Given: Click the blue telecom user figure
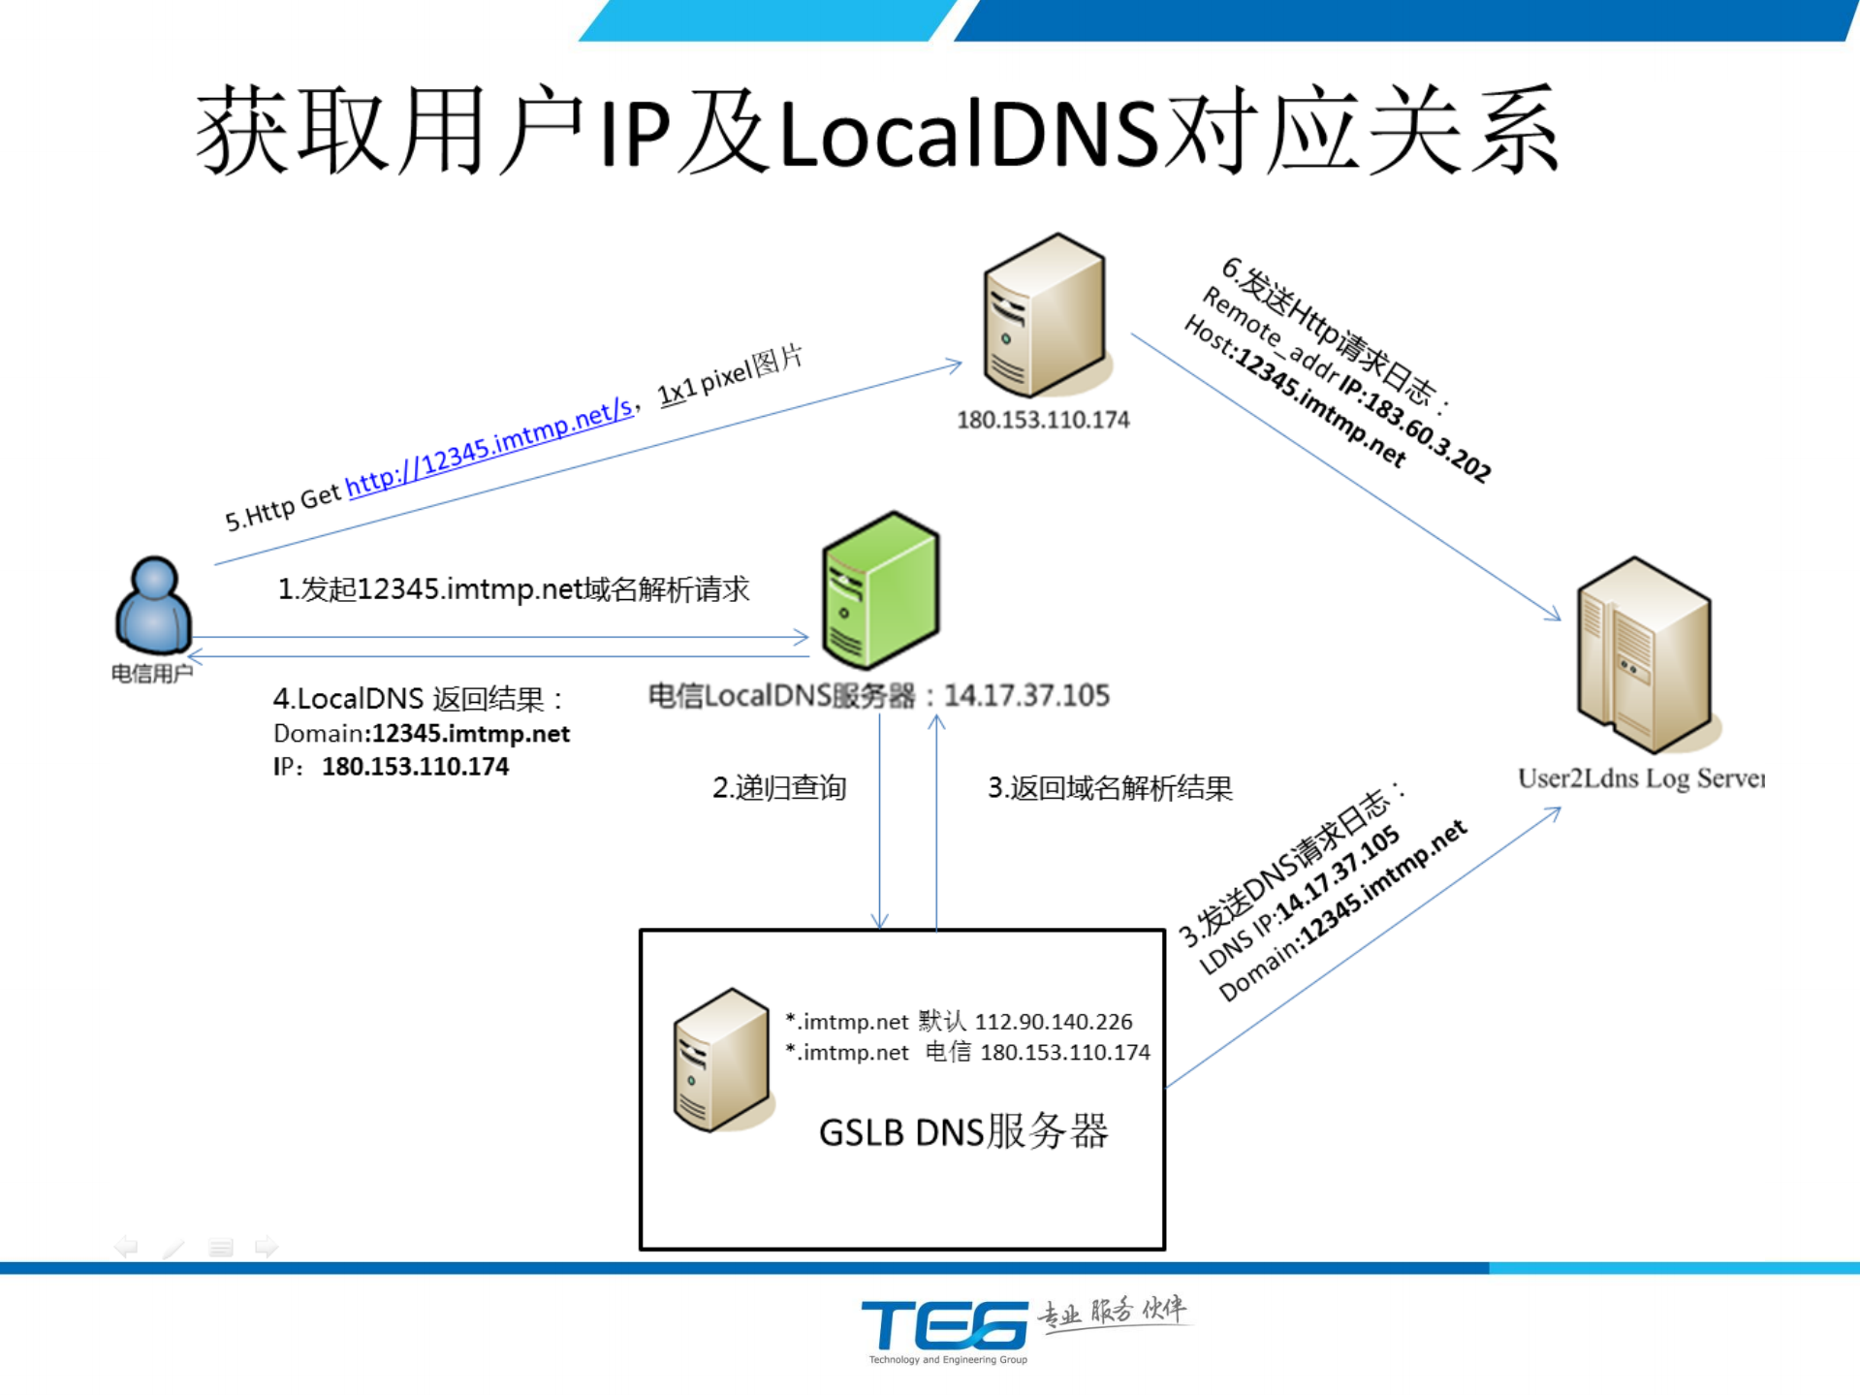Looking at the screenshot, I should point(153,606).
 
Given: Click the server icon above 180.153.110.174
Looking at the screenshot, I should point(1044,315).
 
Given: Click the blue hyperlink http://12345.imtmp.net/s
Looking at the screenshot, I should point(489,447).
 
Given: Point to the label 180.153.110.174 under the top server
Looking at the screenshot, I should point(1043,420).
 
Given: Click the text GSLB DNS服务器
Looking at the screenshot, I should point(962,1131).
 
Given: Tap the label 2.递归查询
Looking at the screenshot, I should point(779,787).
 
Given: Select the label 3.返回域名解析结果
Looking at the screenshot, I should point(1110,787).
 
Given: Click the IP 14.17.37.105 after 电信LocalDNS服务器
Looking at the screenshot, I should point(1026,695).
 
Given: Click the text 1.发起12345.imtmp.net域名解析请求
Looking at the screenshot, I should point(514,588).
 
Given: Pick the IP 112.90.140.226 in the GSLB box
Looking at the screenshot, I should point(1054,1021).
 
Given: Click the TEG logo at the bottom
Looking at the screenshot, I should point(945,1326).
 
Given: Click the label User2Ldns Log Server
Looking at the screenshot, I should point(1641,777).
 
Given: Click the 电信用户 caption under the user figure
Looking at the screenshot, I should point(151,673).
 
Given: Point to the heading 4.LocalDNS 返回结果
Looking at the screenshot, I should point(418,698).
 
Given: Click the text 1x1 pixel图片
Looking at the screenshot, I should point(730,375).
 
